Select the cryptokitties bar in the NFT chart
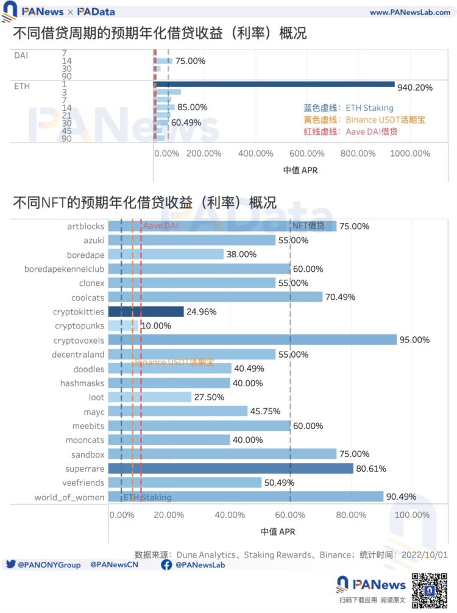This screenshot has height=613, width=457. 146,311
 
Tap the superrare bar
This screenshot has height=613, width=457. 231,469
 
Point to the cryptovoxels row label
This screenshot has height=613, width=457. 79,340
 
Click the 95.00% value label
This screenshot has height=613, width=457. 415,340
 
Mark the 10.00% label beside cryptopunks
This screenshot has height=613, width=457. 156,326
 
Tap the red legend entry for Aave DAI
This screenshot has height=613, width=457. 350,132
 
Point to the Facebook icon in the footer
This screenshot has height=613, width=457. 166,565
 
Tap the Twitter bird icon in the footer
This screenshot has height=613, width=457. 10,565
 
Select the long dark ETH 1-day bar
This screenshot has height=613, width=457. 275,84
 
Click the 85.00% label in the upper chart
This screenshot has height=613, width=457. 191,107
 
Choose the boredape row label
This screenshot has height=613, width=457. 86,255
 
